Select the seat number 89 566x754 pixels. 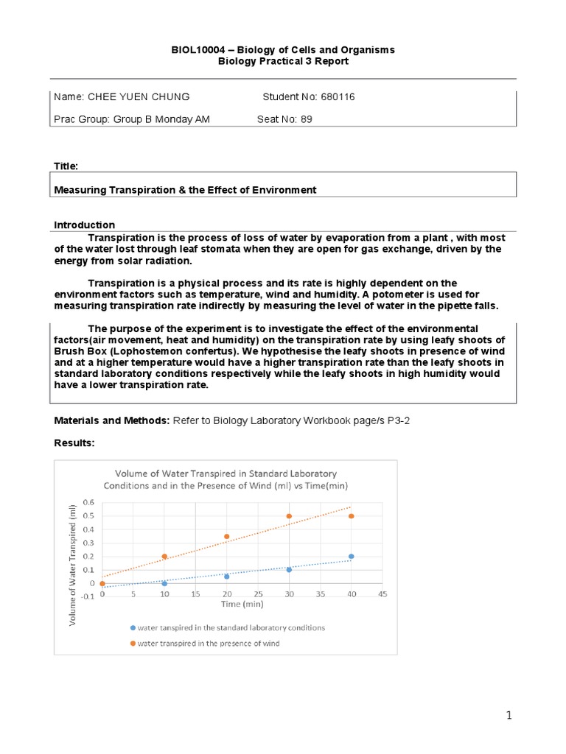pyautogui.click(x=306, y=119)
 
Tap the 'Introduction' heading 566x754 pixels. pyautogui.click(x=85, y=225)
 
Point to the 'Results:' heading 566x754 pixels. pyautogui.click(x=76, y=445)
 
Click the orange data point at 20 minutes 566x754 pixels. pyautogui.click(x=226, y=536)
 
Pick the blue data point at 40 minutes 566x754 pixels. pyautogui.click(x=351, y=557)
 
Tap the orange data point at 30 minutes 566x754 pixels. pyautogui.click(x=289, y=516)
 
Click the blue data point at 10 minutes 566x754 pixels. pyautogui.click(x=164, y=583)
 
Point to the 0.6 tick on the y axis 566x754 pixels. pyautogui.click(x=88, y=502)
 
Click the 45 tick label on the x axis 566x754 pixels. pyautogui.click(x=382, y=593)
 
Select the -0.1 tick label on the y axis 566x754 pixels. pyautogui.click(x=87, y=597)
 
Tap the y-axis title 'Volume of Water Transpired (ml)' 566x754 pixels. pyautogui.click(x=73, y=565)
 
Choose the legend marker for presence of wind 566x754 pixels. pyautogui.click(x=133, y=643)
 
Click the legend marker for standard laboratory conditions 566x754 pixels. pyautogui.click(x=133, y=628)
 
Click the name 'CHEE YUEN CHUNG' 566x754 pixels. pyautogui.click(x=139, y=97)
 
